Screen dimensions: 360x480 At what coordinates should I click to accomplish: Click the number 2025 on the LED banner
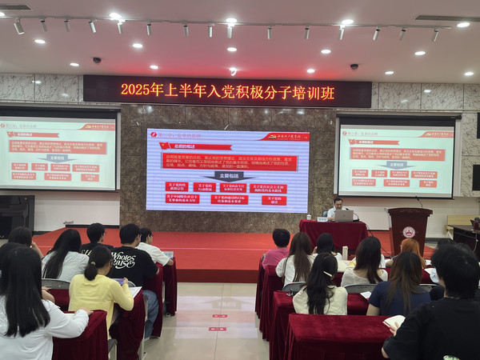click(136, 90)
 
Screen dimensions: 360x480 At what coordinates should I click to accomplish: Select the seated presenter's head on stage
click(338, 203)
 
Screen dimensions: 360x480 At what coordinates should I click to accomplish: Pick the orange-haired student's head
click(411, 248)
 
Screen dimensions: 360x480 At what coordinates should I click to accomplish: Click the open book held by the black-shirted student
click(394, 322)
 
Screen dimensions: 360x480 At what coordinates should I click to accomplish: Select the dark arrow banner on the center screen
click(226, 176)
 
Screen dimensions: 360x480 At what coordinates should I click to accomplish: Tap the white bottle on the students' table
click(345, 252)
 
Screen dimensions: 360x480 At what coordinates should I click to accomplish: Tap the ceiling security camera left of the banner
click(97, 60)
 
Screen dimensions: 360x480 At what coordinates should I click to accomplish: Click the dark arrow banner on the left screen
click(58, 158)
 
